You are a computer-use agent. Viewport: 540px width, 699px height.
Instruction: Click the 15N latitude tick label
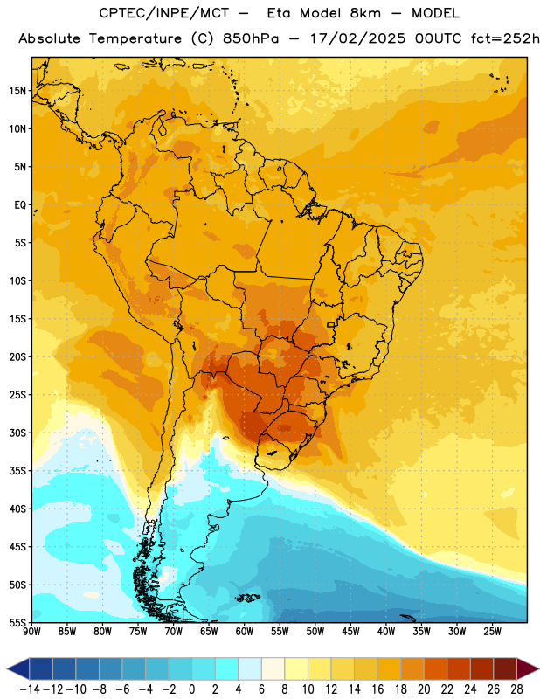point(17,91)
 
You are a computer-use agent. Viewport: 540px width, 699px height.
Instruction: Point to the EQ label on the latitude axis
point(20,205)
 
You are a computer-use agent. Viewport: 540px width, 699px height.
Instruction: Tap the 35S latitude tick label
point(17,471)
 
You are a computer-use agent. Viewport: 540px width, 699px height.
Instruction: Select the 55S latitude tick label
point(17,622)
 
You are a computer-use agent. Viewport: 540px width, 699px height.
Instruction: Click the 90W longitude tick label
point(32,632)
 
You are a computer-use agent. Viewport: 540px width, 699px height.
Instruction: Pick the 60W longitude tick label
point(245,632)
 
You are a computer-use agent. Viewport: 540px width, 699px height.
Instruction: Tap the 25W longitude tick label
point(492,632)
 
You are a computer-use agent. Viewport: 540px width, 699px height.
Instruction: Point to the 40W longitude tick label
point(386,632)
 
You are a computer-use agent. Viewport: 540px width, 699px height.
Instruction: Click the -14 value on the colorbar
point(30,689)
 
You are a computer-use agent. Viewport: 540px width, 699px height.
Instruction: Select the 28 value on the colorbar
point(516,689)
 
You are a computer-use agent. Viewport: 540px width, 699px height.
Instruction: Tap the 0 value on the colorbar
point(192,689)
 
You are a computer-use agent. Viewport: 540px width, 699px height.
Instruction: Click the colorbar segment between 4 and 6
point(250,668)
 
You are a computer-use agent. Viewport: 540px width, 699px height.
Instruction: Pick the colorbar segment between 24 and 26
point(482,668)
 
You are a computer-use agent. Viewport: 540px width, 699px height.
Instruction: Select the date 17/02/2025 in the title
point(358,38)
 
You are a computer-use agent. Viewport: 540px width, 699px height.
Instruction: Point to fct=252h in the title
point(505,38)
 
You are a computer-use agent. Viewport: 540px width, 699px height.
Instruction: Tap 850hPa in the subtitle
point(251,38)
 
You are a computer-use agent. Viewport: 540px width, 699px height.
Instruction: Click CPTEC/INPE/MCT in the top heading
point(164,13)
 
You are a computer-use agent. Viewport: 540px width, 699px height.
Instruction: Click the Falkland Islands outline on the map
point(247,598)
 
